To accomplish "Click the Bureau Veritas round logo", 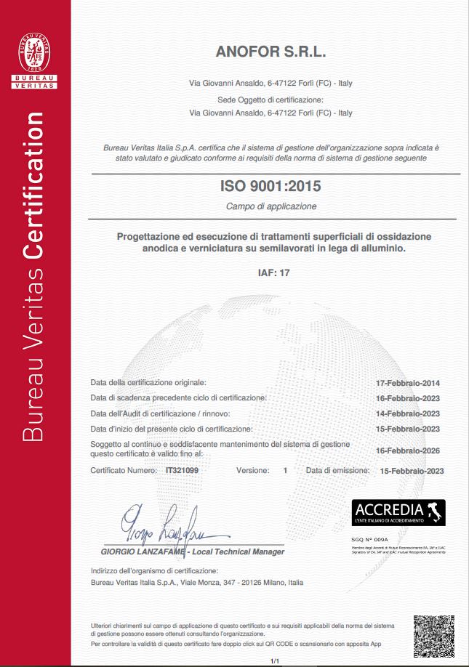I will point(35,49).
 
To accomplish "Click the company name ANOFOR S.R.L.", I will point(270,52).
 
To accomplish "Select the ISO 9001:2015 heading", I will point(270,186).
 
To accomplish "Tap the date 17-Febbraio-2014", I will point(407,383).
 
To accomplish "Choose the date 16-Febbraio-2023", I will point(407,398).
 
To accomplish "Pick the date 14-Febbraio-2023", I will point(407,413).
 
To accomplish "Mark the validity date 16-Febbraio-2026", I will point(407,450).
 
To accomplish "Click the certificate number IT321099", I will point(182,471).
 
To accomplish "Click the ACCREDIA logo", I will point(398,513).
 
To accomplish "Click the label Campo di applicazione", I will point(270,206).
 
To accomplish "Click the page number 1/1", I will point(275,660).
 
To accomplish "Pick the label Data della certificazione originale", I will point(148,382).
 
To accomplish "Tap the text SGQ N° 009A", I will point(366,541).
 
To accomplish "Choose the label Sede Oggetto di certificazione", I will point(270,100).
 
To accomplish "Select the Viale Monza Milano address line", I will point(196,583).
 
